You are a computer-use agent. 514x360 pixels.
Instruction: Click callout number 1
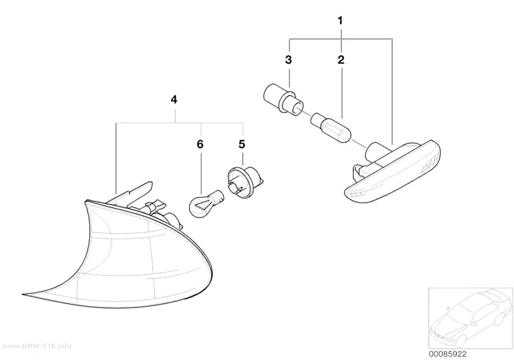click(x=340, y=21)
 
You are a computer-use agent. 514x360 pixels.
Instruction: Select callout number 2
click(x=341, y=60)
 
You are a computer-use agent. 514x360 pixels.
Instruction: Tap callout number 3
click(x=288, y=60)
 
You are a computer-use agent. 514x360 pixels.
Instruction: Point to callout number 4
click(x=174, y=99)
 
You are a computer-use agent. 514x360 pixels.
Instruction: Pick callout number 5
click(x=242, y=144)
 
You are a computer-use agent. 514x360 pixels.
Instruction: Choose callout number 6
click(x=200, y=144)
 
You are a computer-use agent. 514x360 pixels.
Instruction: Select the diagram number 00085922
click(x=447, y=354)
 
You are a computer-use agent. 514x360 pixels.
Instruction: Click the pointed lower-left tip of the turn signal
click(x=23, y=294)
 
